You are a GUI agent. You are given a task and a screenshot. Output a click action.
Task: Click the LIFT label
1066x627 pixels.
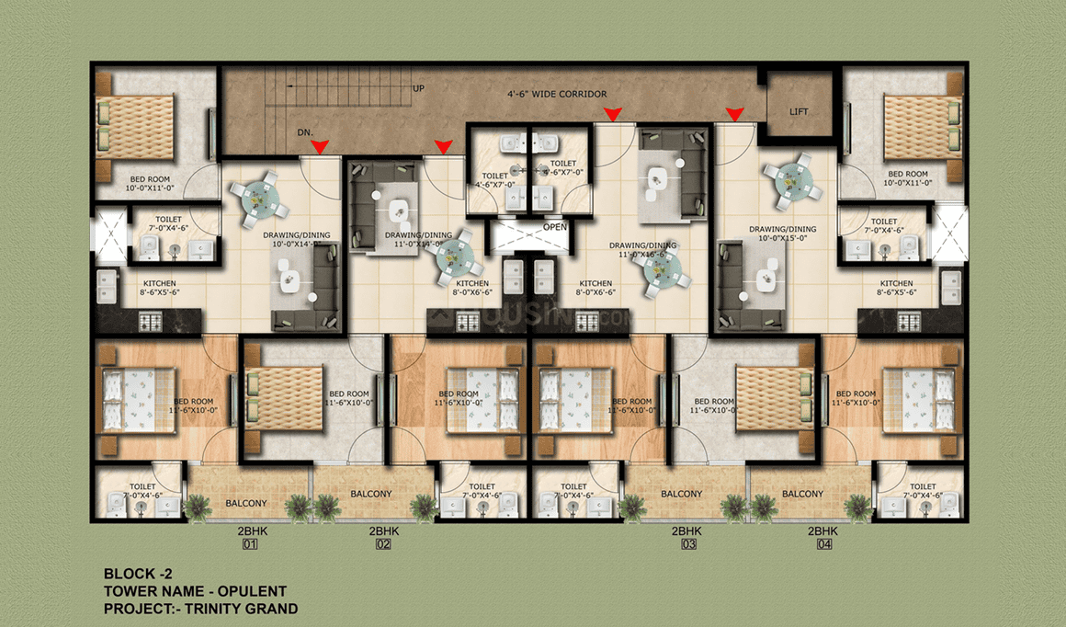tap(799, 111)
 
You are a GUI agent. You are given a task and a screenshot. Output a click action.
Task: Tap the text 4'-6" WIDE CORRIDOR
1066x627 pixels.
tap(559, 94)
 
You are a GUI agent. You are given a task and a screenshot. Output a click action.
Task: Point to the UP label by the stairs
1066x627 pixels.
tap(418, 88)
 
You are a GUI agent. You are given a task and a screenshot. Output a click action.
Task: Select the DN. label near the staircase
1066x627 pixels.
tap(305, 133)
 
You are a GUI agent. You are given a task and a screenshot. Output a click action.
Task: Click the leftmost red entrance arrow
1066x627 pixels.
tap(320, 147)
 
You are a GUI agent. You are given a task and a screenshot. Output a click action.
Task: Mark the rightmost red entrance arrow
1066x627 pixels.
tap(734, 114)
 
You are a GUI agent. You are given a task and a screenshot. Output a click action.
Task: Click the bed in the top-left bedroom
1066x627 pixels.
tap(131, 126)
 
